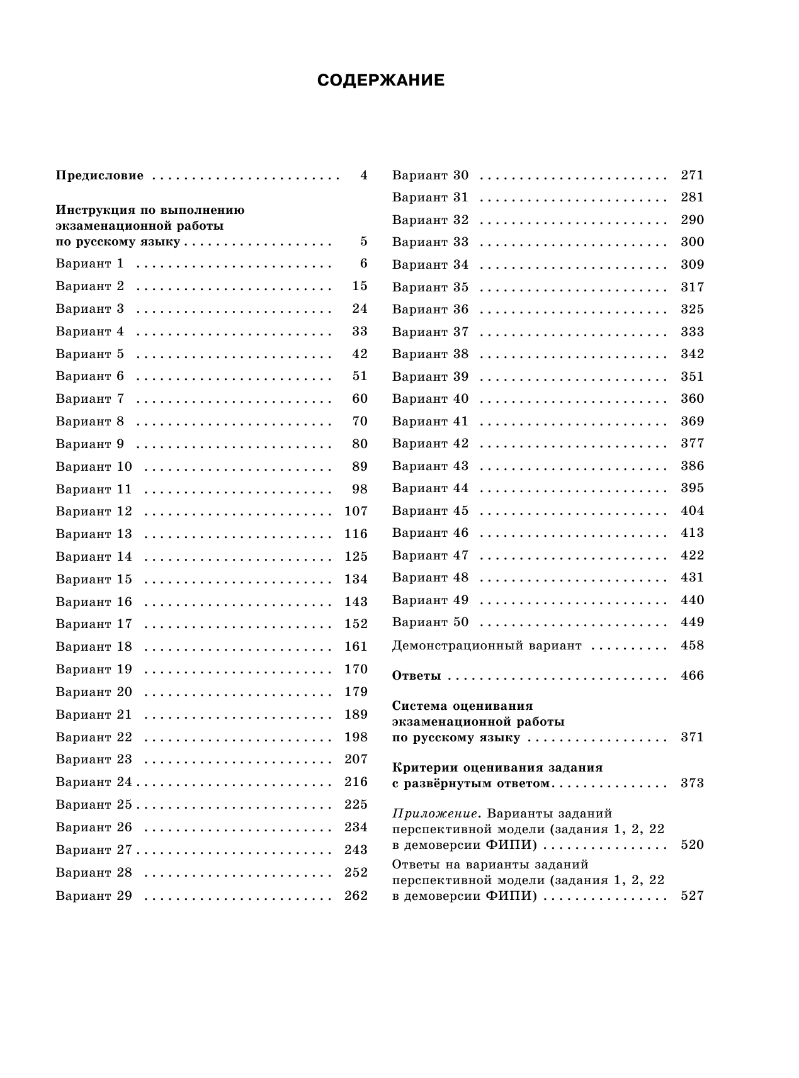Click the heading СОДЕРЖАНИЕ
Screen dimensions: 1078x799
[381, 81]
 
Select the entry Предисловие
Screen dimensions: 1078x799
[99, 176]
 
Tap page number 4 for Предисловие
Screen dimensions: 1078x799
[363, 176]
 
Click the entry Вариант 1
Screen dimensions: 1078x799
[90, 264]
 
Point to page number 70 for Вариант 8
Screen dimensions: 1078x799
[360, 422]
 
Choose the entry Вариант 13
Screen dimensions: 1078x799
[94, 534]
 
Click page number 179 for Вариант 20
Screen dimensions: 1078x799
[356, 692]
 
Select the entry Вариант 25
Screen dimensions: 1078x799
[94, 805]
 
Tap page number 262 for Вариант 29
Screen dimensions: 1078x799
[356, 896]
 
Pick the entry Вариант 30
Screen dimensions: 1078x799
[430, 176]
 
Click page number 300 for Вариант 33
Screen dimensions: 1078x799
[692, 242]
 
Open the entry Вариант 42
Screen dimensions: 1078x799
[430, 444]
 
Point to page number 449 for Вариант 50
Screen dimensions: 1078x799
[692, 622]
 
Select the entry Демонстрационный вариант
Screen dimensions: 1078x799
[487, 646]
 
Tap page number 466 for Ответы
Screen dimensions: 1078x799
[692, 676]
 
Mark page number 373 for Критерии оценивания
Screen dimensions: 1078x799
[692, 783]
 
